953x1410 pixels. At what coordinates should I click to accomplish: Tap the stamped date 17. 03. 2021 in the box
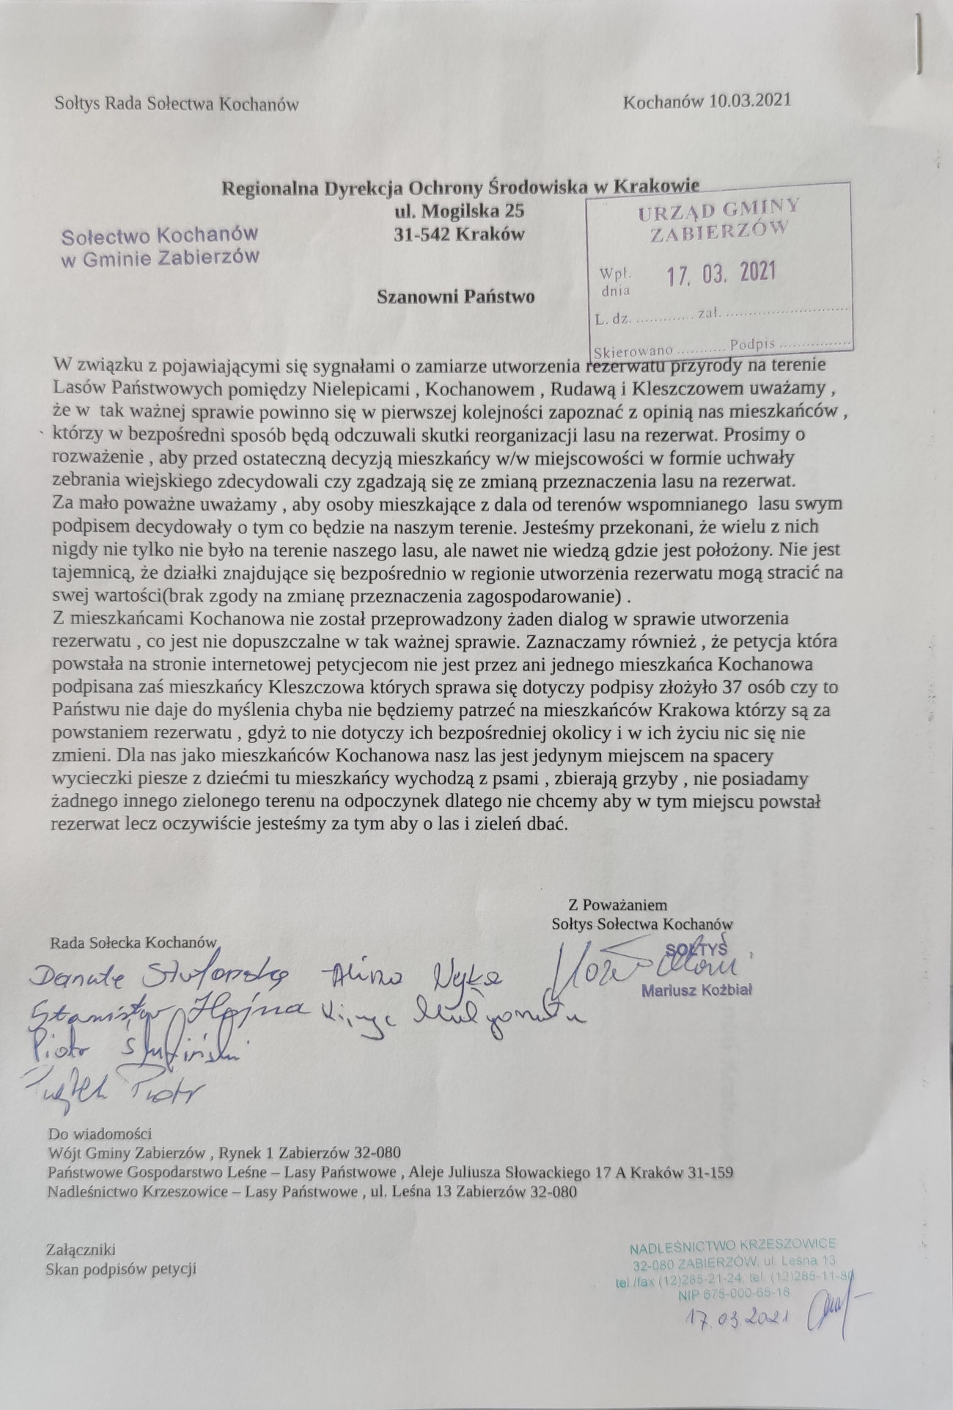point(721,274)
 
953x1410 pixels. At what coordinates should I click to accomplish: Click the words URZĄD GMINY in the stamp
point(718,212)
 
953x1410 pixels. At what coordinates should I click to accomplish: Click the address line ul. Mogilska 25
point(460,212)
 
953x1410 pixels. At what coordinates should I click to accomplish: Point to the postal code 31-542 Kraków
point(460,235)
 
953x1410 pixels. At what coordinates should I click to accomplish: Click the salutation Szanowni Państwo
point(455,296)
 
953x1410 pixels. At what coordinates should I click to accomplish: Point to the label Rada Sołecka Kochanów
point(134,942)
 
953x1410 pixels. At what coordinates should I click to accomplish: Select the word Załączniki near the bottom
point(81,1249)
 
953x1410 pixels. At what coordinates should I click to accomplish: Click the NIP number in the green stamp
point(733,1293)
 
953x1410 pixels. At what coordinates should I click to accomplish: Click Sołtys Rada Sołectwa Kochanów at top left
point(177,104)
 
